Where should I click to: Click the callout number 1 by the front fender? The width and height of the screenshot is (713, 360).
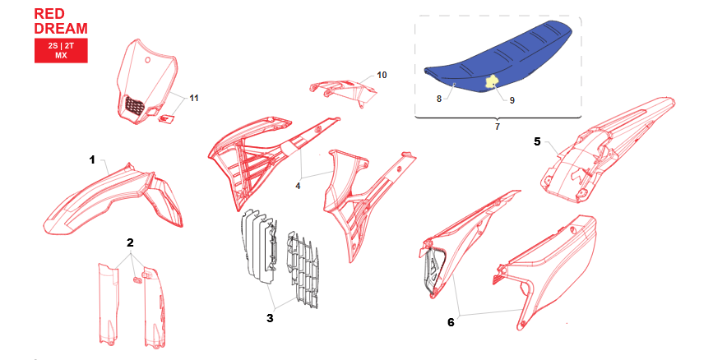point(92,160)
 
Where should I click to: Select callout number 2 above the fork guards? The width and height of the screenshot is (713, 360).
point(130,242)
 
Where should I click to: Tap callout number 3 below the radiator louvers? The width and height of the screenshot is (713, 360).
point(270,318)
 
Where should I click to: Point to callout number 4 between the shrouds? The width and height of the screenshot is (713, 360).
point(298,186)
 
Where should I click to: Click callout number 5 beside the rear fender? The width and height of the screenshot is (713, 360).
point(538,142)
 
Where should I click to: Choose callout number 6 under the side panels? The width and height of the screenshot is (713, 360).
point(451,322)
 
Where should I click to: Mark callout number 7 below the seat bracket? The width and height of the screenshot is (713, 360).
point(497,127)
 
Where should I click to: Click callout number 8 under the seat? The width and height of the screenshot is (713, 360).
point(439,99)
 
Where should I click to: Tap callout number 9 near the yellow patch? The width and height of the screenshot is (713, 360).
point(512,100)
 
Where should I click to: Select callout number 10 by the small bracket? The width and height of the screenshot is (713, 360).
point(382,75)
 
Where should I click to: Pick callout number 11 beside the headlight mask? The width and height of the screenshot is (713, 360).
point(194,98)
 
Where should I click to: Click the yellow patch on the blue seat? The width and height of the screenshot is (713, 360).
point(491,82)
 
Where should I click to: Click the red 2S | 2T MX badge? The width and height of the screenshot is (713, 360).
point(61,50)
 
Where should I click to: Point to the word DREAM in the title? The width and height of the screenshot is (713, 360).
point(61,29)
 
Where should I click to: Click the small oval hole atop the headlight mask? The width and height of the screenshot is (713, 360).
point(147,59)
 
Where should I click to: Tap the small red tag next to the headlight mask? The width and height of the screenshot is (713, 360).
point(165,118)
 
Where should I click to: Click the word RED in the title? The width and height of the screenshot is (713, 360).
point(49,14)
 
